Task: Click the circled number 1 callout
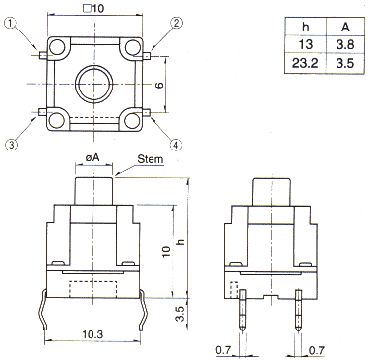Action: [x=11, y=23]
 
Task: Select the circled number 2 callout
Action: [x=176, y=23]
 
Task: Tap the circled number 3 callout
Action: [x=11, y=144]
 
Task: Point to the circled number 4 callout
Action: [x=176, y=144]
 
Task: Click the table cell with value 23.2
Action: [x=305, y=63]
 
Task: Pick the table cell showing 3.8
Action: [x=345, y=44]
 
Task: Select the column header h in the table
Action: [x=305, y=27]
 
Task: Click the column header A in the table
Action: [x=345, y=27]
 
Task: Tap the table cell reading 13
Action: [x=305, y=44]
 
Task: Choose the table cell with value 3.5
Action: [x=345, y=63]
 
